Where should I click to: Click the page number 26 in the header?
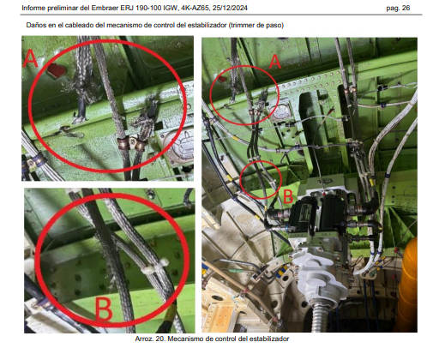[x=406, y=8]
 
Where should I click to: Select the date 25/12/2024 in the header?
[x=230, y=8]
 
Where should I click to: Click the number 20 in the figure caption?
[x=160, y=339]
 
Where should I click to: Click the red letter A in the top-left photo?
[x=30, y=58]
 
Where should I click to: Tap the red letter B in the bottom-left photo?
[x=104, y=309]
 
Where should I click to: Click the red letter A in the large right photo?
[x=274, y=62]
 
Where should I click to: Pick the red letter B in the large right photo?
[x=288, y=196]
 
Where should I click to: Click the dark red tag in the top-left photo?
[x=56, y=70]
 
